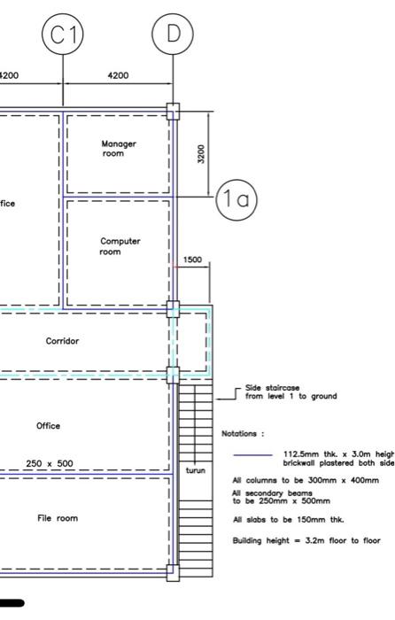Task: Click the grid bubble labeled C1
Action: tap(63, 35)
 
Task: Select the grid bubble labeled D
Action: tap(173, 35)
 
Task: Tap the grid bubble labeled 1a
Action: tap(236, 200)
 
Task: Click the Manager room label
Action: tap(119, 149)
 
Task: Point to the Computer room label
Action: tap(119, 246)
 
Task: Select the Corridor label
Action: tap(63, 341)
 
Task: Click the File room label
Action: tap(58, 518)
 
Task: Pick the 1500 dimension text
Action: tap(192, 260)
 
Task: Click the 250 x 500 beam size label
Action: tap(50, 463)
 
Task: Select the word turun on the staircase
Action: tap(195, 470)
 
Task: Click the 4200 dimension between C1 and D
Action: tap(118, 76)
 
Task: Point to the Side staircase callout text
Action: tap(290, 392)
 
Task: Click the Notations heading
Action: tap(242, 434)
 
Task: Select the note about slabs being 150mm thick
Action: tap(275, 520)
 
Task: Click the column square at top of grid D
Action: tap(173, 111)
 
